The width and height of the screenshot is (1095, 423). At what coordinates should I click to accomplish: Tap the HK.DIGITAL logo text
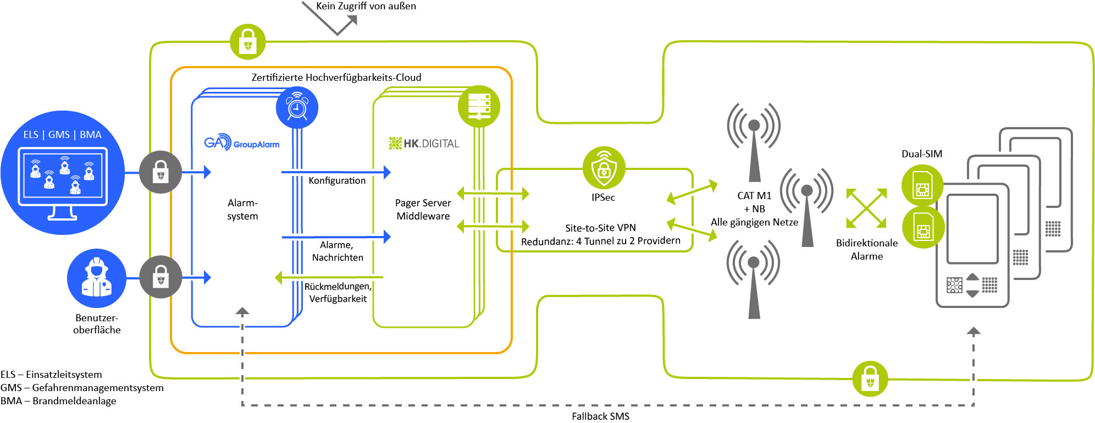coord(424,144)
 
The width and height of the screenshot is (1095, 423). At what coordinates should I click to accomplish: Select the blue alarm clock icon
coord(297,107)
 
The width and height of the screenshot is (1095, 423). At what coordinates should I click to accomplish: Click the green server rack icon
coord(479,106)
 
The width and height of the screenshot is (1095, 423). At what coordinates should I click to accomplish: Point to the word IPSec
coord(603,197)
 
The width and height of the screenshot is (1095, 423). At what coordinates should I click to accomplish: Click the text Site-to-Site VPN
coord(600,228)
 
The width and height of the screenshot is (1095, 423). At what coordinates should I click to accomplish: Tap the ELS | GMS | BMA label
coord(62,135)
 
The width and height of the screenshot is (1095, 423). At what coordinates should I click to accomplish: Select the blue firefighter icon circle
coord(97,278)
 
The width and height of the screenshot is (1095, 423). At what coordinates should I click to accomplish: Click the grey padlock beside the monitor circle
coord(160,173)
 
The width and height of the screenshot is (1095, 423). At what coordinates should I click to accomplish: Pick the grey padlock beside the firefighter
coord(161,277)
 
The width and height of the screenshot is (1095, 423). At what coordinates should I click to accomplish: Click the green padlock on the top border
coord(247,42)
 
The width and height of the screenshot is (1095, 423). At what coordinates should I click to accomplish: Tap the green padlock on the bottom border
coord(870,378)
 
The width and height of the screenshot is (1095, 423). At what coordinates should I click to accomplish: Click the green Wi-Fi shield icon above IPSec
coord(604,167)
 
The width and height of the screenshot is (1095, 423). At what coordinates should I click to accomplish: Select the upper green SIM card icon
coord(922,185)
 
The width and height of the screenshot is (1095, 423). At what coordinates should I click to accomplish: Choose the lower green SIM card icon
coord(923,227)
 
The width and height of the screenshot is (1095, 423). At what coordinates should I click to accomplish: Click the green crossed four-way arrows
coord(866,208)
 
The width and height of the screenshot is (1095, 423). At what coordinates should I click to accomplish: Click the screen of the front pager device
coord(971,229)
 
